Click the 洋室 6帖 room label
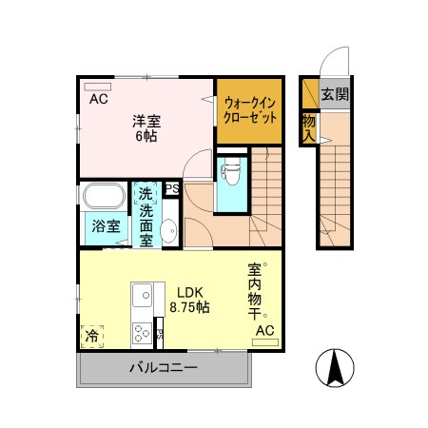coord(146,127)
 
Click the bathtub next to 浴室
coord(102,197)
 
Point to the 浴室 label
coord(106,226)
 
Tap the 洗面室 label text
coord(146,219)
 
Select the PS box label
coord(172,188)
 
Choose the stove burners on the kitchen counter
coord(142,332)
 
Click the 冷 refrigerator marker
coord(92,336)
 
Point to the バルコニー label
coord(164,367)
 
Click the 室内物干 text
coord(256,291)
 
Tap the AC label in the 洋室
coord(99,98)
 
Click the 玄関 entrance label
coord(334,94)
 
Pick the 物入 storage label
coord(309,127)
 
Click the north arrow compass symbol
coord(334,369)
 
